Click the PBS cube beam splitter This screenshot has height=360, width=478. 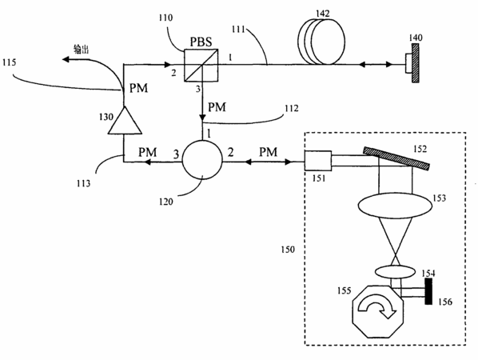click(201, 65)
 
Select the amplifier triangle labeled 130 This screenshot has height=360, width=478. click(125, 120)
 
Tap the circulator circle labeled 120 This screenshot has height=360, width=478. click(202, 160)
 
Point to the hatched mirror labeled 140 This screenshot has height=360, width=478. click(415, 63)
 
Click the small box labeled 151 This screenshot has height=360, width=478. click(318, 161)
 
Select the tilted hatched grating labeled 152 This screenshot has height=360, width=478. click(396, 158)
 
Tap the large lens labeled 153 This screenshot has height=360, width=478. click(395, 206)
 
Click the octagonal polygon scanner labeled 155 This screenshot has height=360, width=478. click(378, 311)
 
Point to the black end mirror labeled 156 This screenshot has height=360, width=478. click(428, 291)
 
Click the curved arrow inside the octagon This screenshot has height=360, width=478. click(377, 306)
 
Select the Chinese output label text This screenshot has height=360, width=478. click(81, 49)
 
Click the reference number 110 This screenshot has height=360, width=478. click(165, 18)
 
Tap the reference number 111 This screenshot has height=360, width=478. click(238, 30)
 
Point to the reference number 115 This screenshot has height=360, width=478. click(9, 62)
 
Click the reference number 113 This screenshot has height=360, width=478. click(83, 184)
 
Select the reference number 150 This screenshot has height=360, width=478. click(288, 250)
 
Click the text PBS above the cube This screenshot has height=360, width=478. click(201, 42)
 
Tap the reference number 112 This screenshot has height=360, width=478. click(292, 108)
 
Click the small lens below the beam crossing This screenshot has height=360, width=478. click(395, 271)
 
